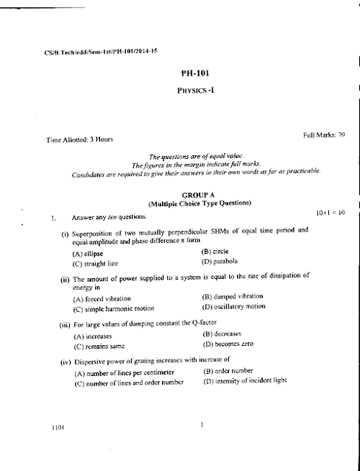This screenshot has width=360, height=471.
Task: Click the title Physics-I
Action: coord(195,92)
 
